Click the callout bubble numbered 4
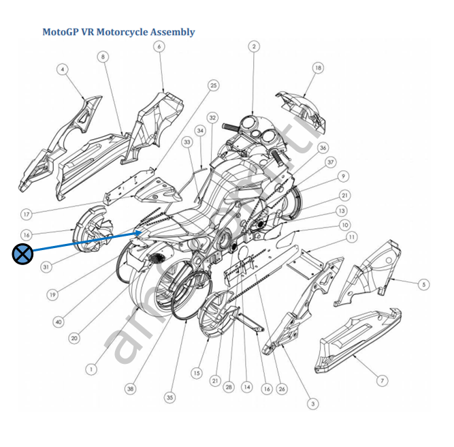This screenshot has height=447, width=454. coord(62,70)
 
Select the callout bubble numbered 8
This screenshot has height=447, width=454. coord(103,57)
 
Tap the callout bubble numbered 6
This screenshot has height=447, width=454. coord(159,47)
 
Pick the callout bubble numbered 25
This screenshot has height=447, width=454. coord(214,85)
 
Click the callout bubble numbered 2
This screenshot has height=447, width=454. coord(254,46)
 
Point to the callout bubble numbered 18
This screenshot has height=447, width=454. coord(319,68)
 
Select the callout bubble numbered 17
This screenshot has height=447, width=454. coord(27,215)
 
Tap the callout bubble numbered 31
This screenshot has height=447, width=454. coord(46,267)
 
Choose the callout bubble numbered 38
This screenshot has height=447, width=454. coord(130,388)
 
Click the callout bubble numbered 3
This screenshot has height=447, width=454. coord(312,404)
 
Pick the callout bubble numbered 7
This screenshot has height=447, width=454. coord(383,380)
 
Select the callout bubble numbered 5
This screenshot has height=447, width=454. coord(423,284)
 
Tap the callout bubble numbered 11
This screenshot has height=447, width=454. coord(351,238)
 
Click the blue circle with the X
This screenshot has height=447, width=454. coord(22,255)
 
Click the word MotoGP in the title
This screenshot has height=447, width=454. coord(60,32)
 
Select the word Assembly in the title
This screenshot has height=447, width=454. coord(172,32)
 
